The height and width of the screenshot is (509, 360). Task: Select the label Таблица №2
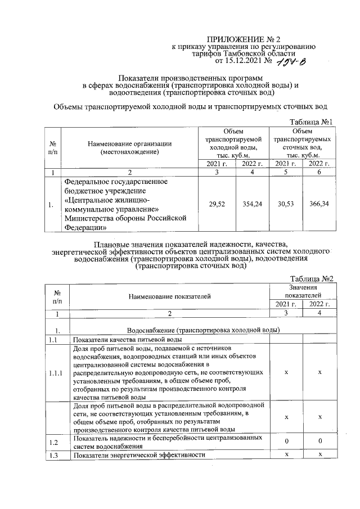(312, 279)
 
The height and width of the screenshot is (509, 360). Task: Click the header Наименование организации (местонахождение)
(129, 147)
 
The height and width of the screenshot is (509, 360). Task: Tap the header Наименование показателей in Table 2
(169, 295)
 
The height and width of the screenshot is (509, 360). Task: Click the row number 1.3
(53, 454)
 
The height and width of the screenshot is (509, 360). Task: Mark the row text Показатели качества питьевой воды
(127, 340)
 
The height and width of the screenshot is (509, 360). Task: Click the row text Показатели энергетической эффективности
(138, 454)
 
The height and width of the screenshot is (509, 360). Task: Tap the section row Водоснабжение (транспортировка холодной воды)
(204, 330)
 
